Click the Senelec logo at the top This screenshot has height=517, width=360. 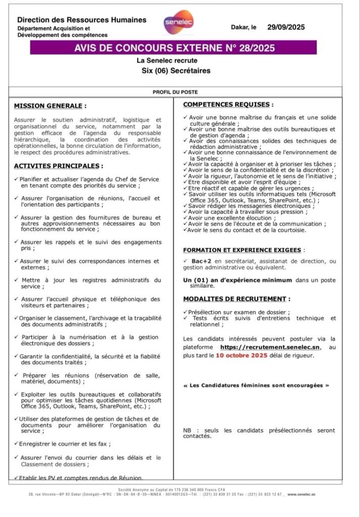click(175, 23)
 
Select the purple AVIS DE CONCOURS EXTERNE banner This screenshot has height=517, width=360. click(173, 48)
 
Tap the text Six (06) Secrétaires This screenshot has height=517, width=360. click(176, 71)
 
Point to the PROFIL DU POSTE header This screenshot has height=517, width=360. click(175, 92)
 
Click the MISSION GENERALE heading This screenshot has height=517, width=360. click(50, 106)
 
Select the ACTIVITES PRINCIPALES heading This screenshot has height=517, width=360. click(59, 166)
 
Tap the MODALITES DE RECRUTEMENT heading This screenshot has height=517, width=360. click(236, 299)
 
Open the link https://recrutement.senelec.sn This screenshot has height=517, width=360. click(271, 347)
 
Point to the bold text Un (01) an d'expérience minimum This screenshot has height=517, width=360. click(237, 280)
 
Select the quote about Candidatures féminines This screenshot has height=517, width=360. click(256, 385)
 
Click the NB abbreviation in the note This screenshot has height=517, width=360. click(187, 431)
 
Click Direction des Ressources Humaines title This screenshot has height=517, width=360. click(82, 20)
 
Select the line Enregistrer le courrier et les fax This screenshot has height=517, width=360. click(65, 444)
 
